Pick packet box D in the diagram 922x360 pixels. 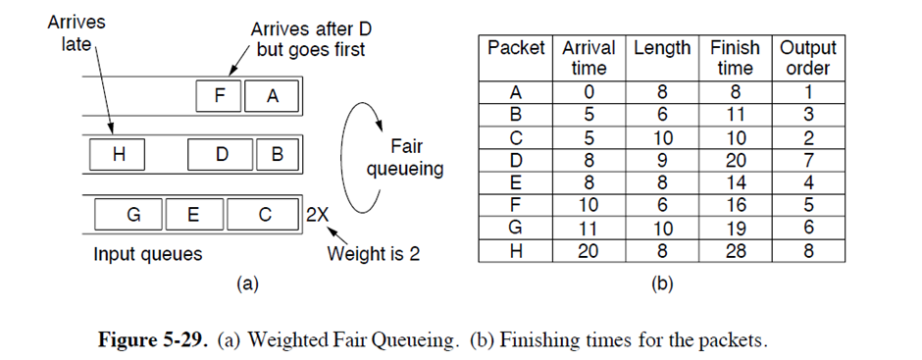click(x=221, y=154)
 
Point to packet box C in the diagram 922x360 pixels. click(x=264, y=213)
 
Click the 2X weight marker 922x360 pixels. click(x=316, y=213)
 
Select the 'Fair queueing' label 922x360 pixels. click(x=405, y=157)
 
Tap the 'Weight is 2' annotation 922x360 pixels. click(x=373, y=255)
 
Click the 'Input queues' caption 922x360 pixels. click(x=147, y=255)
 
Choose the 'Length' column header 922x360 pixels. click(x=662, y=48)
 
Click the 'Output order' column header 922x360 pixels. click(x=807, y=58)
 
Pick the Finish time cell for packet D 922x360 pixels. click(x=734, y=160)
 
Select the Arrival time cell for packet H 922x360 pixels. click(x=589, y=250)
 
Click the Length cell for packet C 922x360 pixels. click(x=662, y=137)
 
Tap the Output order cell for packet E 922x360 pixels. click(x=807, y=182)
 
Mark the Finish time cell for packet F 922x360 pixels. click(x=734, y=205)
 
